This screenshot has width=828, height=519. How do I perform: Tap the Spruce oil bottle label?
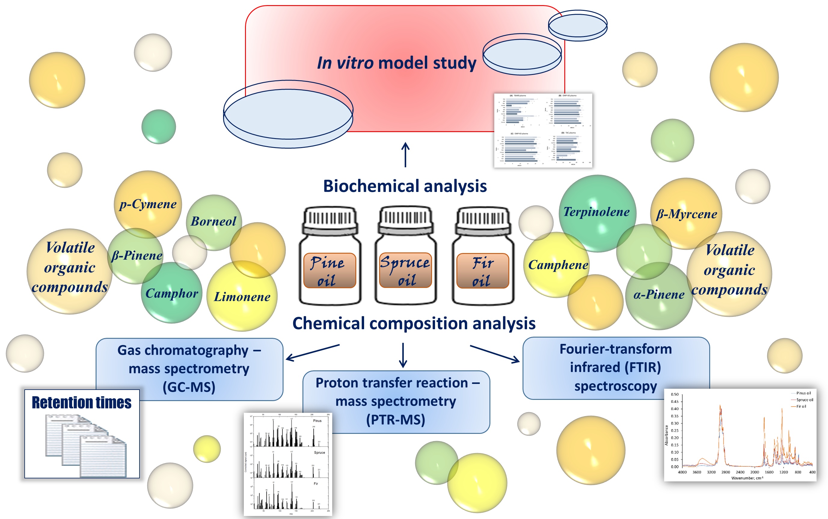point(405,270)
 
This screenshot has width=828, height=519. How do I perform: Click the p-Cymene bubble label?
point(148,204)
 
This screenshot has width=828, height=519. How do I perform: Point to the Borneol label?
point(213,221)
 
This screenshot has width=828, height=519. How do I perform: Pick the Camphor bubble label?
point(171,293)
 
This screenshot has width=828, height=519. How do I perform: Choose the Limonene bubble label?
point(242,297)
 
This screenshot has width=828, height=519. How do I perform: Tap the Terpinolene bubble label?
point(596,212)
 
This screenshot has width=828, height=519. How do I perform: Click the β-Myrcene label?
point(686,214)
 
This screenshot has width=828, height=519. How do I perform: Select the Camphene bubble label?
point(558,265)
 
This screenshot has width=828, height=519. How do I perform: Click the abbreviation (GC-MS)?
point(189,387)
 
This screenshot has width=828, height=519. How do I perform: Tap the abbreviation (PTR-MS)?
point(395,420)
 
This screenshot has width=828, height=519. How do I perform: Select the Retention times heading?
point(82,403)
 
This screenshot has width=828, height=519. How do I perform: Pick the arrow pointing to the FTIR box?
point(495,354)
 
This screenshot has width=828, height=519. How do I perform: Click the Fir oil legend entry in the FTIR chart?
point(801,406)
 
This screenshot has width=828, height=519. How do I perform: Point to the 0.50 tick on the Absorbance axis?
point(674,394)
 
